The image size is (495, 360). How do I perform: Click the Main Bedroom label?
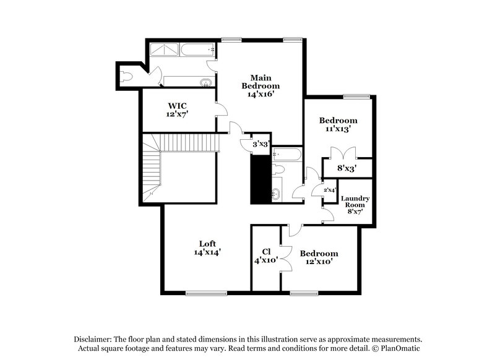pos(260,81)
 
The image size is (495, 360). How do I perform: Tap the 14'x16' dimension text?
pos(260,95)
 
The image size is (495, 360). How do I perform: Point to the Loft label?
pos(207,242)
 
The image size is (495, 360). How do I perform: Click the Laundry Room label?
pos(355,202)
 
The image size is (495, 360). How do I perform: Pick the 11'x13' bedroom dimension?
pos(338,129)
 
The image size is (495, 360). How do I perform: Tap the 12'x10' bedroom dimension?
pos(319,262)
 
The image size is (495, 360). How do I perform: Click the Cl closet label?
pos(266,251)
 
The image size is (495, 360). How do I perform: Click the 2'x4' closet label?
pos(329,190)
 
